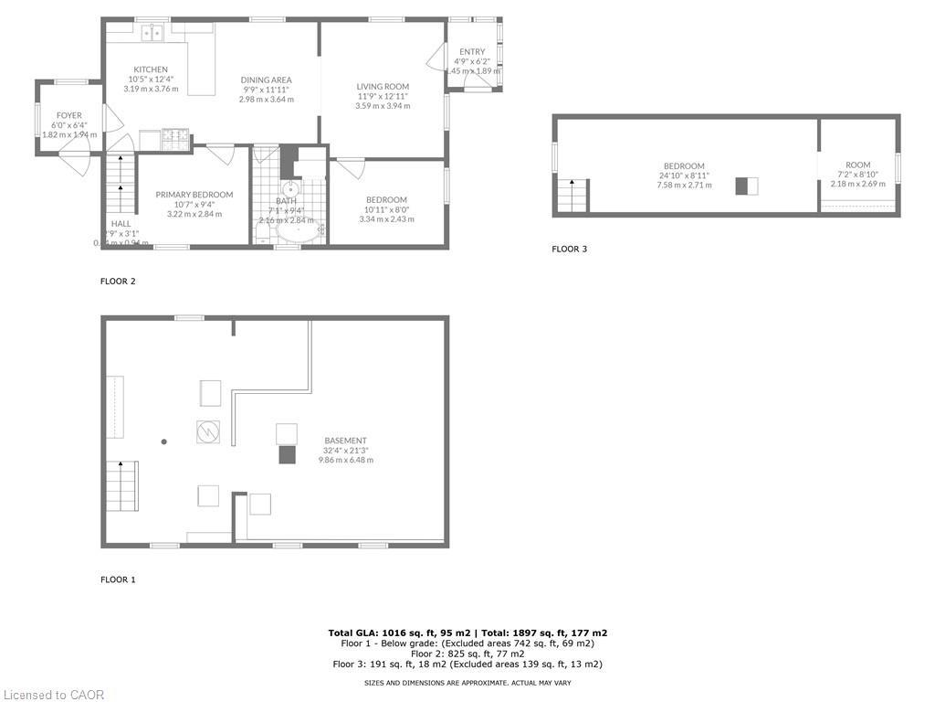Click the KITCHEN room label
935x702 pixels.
151,69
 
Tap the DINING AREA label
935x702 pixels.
266,80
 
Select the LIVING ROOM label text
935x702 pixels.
383,87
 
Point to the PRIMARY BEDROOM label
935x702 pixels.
194,195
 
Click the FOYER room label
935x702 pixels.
68,115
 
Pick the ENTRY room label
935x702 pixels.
472,52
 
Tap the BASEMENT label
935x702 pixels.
345,441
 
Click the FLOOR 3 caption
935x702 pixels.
569,249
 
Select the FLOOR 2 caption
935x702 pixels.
118,282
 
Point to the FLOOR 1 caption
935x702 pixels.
118,580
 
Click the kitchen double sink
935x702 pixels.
152,33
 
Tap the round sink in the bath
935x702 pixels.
290,192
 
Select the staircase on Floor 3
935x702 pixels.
573,196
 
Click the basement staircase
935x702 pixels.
121,478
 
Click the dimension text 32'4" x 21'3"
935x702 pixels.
345,451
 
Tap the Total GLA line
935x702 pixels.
467,633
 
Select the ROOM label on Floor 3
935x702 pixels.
857,165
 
